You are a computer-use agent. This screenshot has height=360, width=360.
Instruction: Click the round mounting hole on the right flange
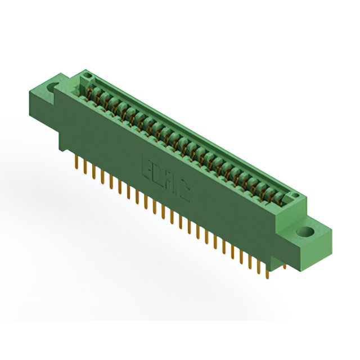(x=305, y=231)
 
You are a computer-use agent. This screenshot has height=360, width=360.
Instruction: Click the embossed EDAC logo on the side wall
(x=164, y=179)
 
